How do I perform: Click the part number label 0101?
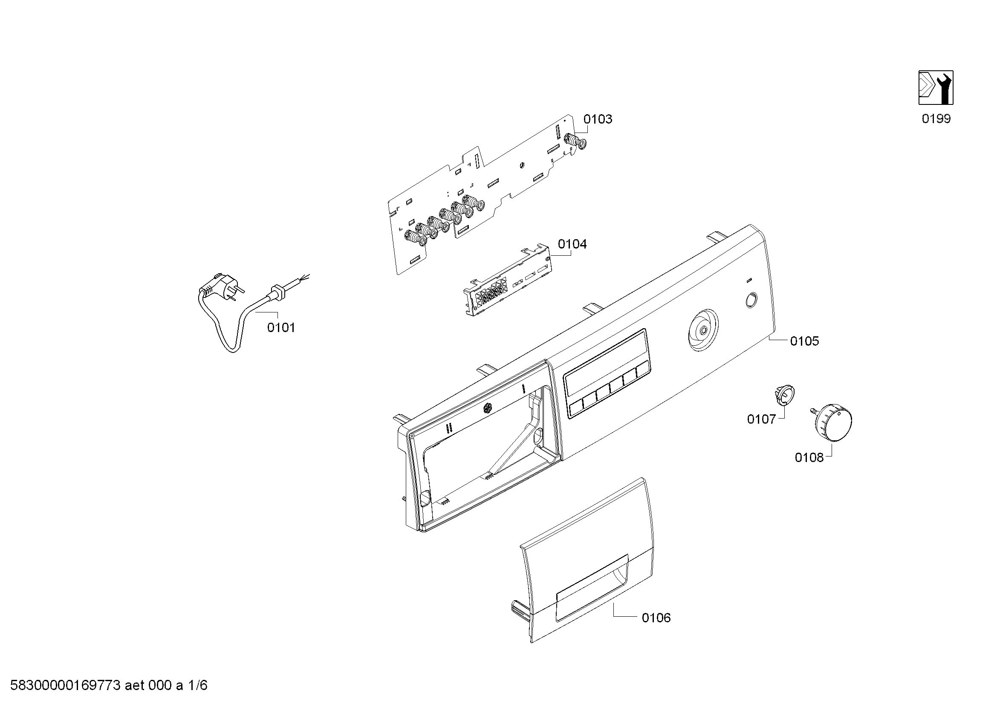[281, 327]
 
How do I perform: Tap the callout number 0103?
[598, 119]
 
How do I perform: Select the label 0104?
[572, 244]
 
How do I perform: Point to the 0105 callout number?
[805, 341]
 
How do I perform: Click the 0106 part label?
[656, 618]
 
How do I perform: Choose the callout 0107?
[761, 419]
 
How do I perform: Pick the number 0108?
[809, 457]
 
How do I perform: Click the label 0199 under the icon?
[936, 118]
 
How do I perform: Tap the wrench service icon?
[936, 88]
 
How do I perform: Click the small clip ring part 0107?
[784, 394]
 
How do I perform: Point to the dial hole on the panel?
[703, 330]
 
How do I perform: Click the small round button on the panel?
[751, 300]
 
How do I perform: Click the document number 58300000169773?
[65, 685]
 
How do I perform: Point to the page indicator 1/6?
[197, 685]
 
